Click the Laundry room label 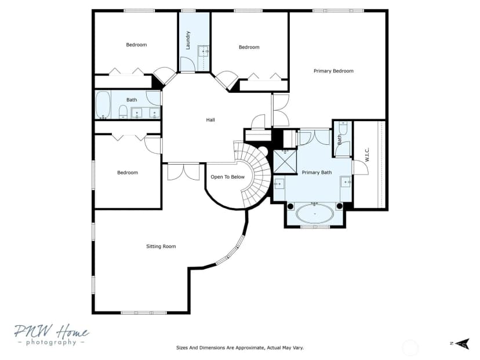pos(188,40)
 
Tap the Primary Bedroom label pos(333,71)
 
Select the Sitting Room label pos(161,246)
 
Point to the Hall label pos(210,119)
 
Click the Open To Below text pos(228,177)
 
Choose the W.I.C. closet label pos(368,155)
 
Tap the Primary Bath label pos(317,172)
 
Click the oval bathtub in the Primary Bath pos(315,213)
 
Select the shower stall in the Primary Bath pos(285,162)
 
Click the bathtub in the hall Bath pos(103,105)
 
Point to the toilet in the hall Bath pos(123,112)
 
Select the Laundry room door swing pos(187,64)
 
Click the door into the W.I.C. pos(361,168)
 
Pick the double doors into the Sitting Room pos(183,172)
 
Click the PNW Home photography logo pos(52,334)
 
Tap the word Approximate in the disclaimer pos(245,347)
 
